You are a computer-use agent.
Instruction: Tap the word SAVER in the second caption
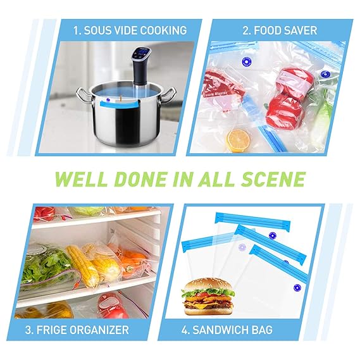click(296, 30)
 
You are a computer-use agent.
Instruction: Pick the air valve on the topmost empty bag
click(272, 236)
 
